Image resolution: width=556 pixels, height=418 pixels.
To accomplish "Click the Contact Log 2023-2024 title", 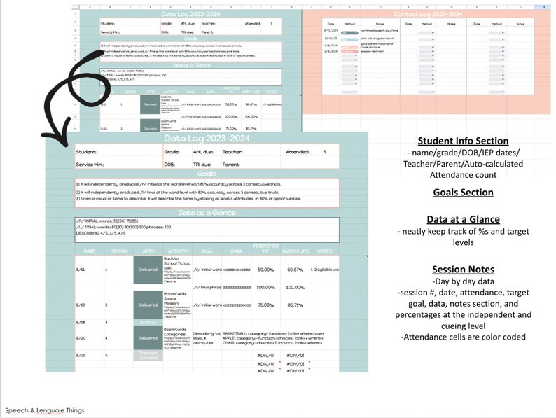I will coord(429,14).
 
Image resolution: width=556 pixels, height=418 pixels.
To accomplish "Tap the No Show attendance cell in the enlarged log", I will coord(148,323).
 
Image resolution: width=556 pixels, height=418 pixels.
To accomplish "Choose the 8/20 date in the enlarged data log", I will coord(82,337).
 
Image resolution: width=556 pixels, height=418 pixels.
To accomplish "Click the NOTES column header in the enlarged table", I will coord(324,250).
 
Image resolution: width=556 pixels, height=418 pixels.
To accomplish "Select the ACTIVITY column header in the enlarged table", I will coord(177,250).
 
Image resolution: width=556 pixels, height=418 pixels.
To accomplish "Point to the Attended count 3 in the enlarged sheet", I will coord(324,151).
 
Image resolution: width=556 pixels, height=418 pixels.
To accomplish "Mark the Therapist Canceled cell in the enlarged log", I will coord(148,355).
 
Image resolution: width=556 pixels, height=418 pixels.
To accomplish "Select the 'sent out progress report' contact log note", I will coord(379,39).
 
